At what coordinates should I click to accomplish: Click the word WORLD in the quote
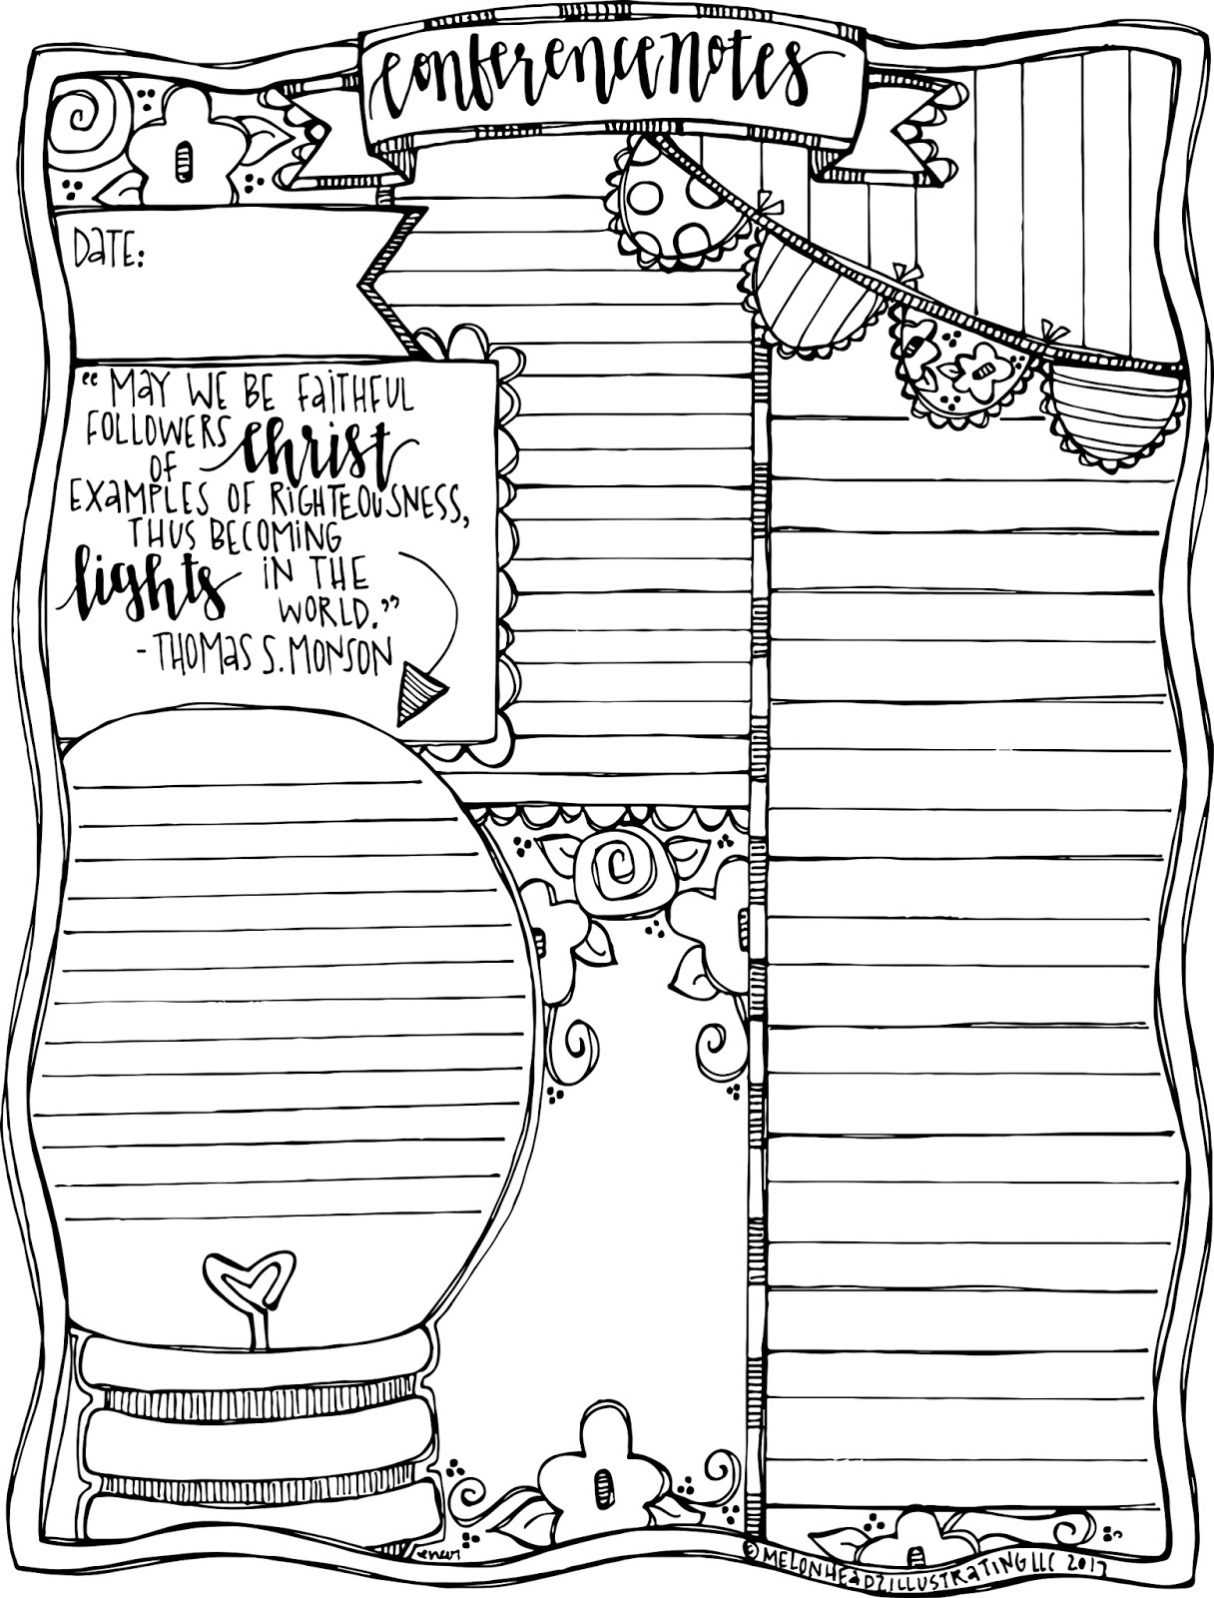[x=329, y=611]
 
